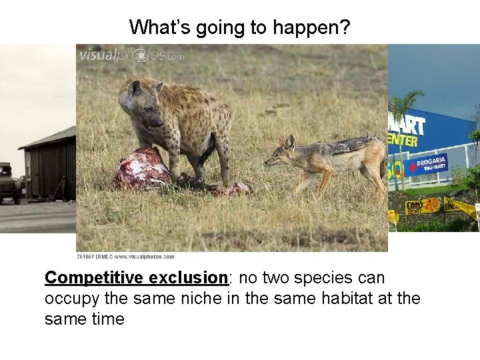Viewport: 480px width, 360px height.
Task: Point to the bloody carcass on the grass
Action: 143,169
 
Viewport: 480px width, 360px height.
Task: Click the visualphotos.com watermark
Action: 132,55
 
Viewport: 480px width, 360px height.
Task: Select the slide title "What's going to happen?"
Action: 239,27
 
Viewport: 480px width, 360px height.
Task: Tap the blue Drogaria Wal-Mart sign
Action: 425,164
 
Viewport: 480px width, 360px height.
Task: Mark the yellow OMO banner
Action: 422,205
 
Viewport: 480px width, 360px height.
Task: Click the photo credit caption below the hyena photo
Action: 125,257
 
